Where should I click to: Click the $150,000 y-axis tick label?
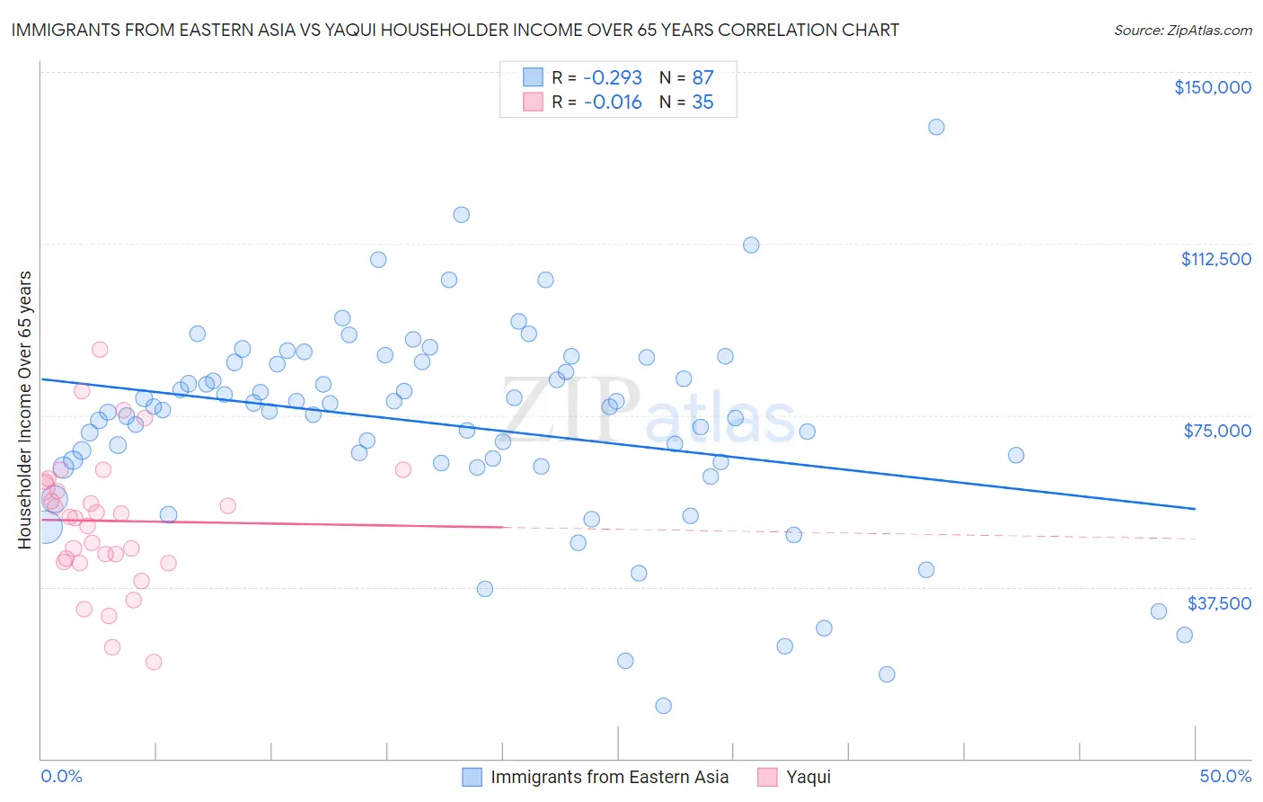coord(1212,87)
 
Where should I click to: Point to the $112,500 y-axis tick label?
coord(1215,259)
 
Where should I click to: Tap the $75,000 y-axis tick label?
coord(1217,431)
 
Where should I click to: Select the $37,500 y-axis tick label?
coord(1218,603)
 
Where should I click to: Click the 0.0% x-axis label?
coord(61,776)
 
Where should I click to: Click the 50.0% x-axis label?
coord(1224,776)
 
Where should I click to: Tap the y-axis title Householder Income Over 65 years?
coord(25,409)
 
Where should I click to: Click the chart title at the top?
coord(455,30)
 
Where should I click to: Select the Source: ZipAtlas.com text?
coord(1182,30)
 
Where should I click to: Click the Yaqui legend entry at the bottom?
coord(808,777)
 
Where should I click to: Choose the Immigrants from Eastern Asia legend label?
coord(609,777)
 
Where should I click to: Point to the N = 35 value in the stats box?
coord(686,102)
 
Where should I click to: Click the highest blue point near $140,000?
coord(936,127)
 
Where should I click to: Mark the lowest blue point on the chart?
coord(663,706)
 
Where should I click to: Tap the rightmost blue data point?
coord(1184,635)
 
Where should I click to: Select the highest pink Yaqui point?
coord(100,350)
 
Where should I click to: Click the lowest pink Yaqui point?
coord(154,662)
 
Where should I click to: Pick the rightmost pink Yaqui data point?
coord(402,469)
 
